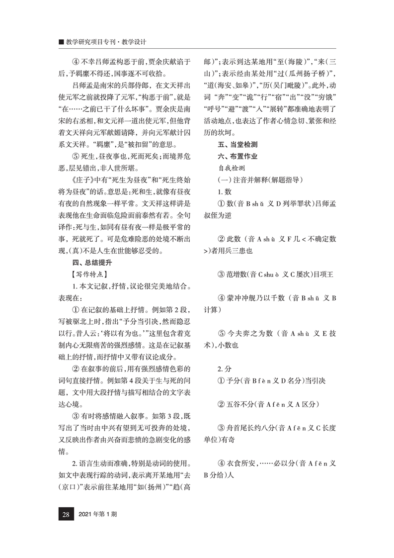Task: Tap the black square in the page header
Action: pos(61,42)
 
